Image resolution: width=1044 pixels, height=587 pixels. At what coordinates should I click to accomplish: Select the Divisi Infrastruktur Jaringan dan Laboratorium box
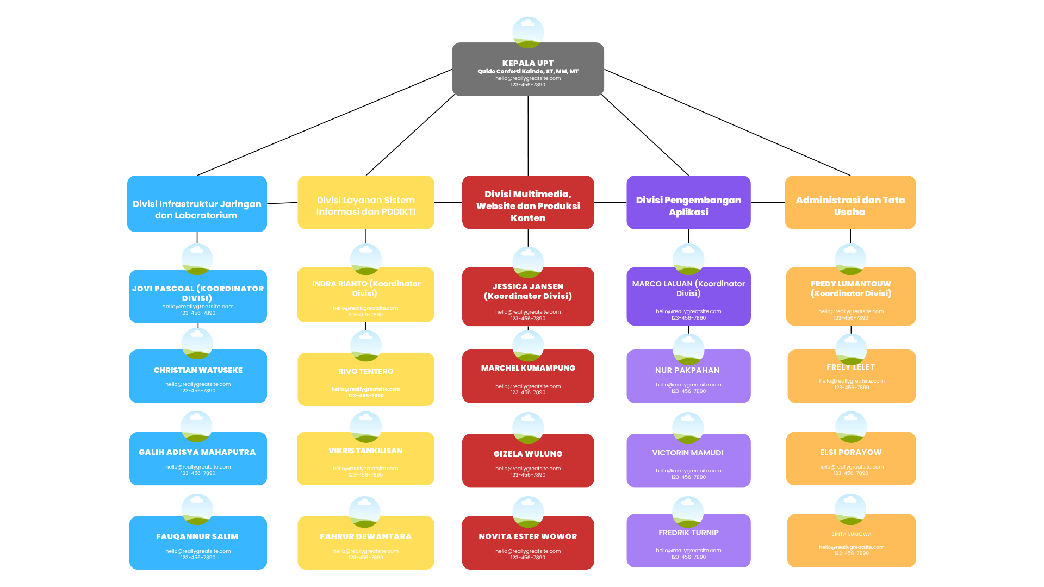(197, 204)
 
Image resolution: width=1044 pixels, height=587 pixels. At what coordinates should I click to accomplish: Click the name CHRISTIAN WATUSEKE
(198, 370)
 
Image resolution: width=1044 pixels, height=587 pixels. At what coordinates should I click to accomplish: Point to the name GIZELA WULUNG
(528, 454)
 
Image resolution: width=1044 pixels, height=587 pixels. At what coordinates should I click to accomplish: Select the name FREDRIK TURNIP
(688, 533)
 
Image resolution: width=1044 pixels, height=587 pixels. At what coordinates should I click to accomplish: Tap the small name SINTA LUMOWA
(851, 534)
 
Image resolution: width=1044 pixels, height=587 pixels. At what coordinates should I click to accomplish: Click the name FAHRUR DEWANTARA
(365, 536)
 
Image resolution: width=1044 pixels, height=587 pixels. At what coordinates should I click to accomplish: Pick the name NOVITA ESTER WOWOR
(528, 536)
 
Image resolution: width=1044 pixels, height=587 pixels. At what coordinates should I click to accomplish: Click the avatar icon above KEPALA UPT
(528, 32)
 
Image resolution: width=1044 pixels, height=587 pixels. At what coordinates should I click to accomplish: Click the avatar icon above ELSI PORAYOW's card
(851, 427)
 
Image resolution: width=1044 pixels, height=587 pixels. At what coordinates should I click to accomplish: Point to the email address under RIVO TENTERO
(365, 389)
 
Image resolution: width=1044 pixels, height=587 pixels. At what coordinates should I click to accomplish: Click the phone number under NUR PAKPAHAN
(688, 391)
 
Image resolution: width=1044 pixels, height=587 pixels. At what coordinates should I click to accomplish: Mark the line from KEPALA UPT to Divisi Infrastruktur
(325, 122)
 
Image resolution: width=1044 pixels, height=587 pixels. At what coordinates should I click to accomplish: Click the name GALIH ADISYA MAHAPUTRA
(197, 452)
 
